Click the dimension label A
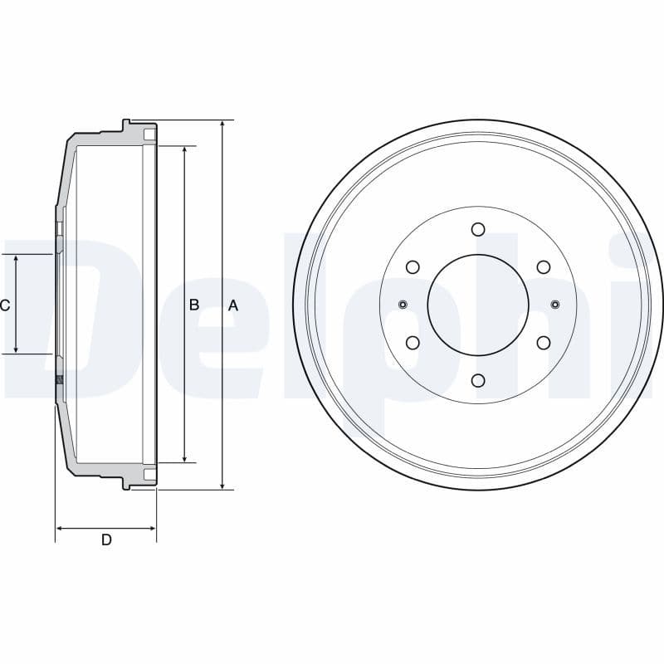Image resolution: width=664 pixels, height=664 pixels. coord(233,305)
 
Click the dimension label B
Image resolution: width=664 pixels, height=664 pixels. coord(194,305)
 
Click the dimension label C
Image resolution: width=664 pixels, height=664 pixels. coord(5,305)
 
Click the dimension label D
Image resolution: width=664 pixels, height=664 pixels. coord(106,540)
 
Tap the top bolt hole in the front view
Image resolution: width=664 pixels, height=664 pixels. coord(477,229)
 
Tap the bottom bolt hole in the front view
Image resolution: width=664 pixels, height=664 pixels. coord(477,380)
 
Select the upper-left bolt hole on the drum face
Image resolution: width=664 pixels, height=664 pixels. coord(413,266)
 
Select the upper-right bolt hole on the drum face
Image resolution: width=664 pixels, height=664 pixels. coord(543,266)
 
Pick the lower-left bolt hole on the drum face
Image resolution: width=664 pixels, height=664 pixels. coord(413,343)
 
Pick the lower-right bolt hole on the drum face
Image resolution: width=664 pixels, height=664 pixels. coord(543,343)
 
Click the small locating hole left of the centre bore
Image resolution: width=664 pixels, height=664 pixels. coord(403,304)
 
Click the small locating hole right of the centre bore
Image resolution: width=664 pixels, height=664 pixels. coord(554,304)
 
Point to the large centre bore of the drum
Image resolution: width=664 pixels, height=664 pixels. coord(478,305)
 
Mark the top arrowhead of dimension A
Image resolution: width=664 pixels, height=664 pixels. coord(222,125)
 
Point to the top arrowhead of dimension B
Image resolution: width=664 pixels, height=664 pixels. coord(184,152)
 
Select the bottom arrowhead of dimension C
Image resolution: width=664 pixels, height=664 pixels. coord(17,349)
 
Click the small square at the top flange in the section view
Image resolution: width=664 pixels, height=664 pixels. coord(149,134)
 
